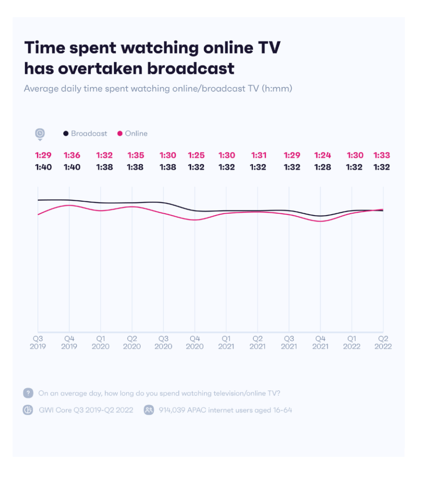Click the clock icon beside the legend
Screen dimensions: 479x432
click(40, 134)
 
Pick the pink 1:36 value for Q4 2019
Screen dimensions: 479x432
click(72, 155)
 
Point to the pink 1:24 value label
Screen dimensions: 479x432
click(323, 155)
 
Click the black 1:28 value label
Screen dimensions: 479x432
click(323, 167)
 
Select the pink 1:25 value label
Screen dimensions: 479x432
click(196, 155)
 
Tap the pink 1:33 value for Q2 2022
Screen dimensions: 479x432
click(382, 155)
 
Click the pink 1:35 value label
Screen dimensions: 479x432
click(136, 155)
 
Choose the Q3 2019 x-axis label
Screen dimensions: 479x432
click(38, 342)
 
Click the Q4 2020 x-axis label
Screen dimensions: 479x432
click(195, 342)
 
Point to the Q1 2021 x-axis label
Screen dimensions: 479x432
click(226, 342)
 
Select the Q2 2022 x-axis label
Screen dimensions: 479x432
click(383, 342)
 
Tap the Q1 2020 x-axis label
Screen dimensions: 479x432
click(101, 342)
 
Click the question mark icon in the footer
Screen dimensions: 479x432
click(28, 393)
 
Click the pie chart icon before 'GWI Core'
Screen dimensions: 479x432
click(28, 410)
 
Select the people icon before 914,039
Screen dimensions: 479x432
click(149, 410)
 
